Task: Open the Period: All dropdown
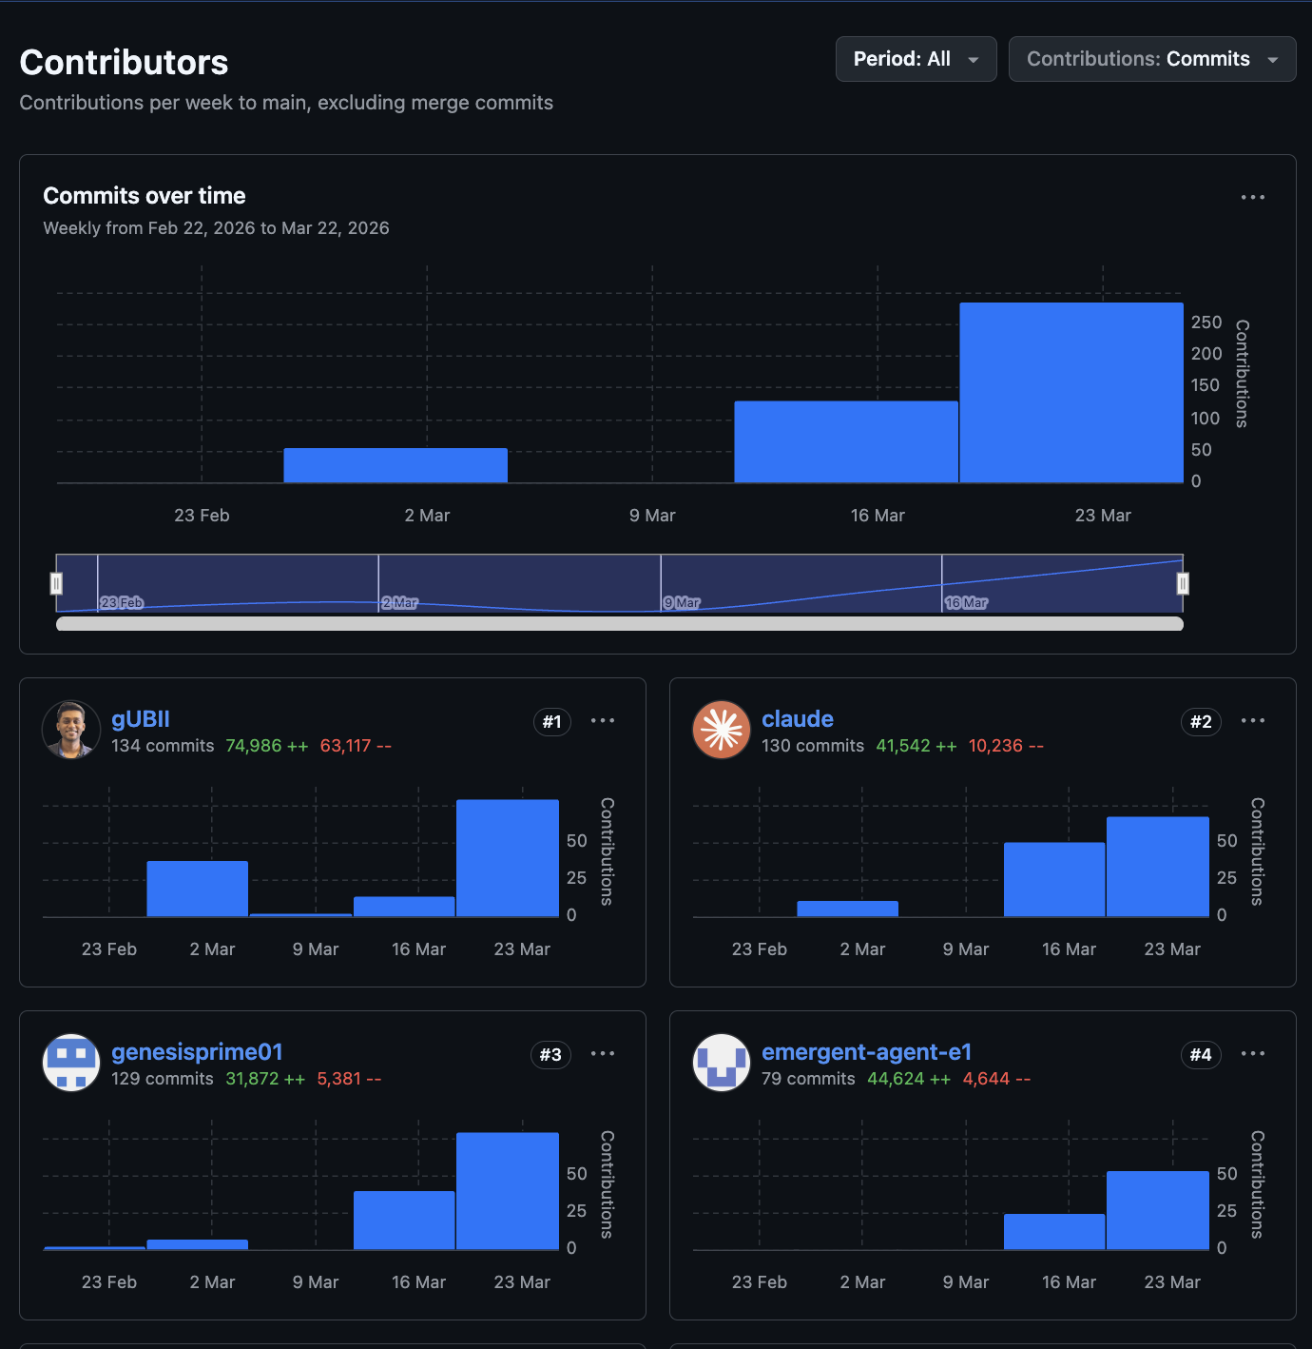click(916, 59)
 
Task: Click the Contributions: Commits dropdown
click(1151, 59)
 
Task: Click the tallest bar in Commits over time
click(1071, 392)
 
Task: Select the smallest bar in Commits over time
click(395, 465)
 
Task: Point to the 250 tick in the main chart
click(1206, 323)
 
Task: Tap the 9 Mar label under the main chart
click(652, 516)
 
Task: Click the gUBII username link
click(141, 719)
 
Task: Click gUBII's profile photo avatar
click(71, 730)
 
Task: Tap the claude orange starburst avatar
click(722, 730)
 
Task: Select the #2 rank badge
click(1201, 722)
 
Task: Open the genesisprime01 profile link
click(197, 1052)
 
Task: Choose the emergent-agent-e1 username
click(866, 1052)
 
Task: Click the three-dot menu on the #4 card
click(1252, 1053)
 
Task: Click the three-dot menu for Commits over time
click(1252, 197)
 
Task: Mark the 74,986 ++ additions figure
click(266, 746)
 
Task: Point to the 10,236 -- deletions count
click(1005, 746)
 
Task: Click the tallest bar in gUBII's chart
click(507, 858)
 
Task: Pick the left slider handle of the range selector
click(56, 583)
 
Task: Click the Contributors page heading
click(124, 63)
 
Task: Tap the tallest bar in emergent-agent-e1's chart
click(1157, 1210)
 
